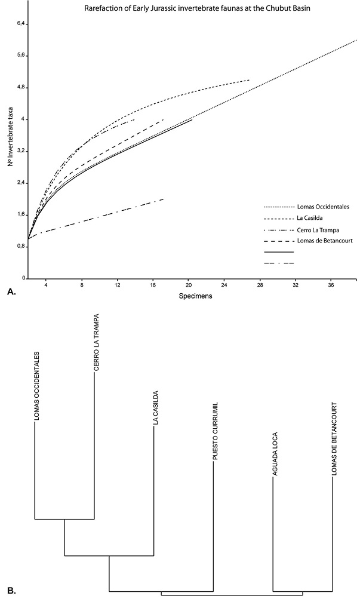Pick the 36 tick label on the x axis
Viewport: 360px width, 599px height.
[x=331, y=285]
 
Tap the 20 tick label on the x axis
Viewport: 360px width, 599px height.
[x=188, y=285]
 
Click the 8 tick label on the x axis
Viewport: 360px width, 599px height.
[x=82, y=285]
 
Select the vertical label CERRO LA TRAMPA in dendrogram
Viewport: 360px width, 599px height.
[x=96, y=342]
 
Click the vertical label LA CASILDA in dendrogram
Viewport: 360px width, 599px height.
[x=155, y=408]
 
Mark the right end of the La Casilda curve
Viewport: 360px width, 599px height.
[x=249, y=79]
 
